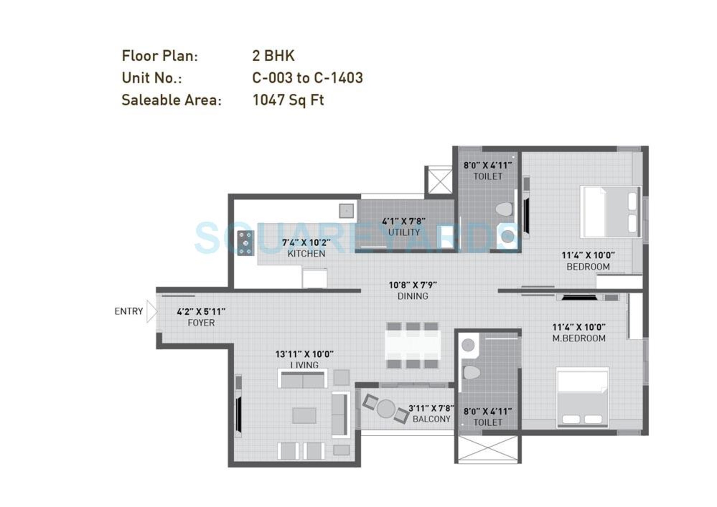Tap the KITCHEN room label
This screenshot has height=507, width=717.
coord(306,254)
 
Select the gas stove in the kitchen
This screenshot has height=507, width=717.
coord(245,243)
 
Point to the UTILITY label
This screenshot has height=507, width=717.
coord(404,232)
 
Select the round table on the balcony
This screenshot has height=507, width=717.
coord(386,408)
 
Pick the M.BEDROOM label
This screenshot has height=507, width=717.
coord(579,338)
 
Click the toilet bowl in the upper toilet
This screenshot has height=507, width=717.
coord(504,209)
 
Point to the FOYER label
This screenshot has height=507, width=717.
coord(201,323)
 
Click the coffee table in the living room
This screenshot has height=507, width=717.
coord(304,416)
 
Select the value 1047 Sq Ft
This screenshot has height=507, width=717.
coord(288,100)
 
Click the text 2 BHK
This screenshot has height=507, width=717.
coord(273,56)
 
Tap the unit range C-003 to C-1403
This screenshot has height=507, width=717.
coord(307,78)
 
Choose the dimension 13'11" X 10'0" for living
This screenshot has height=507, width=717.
coord(304,354)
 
